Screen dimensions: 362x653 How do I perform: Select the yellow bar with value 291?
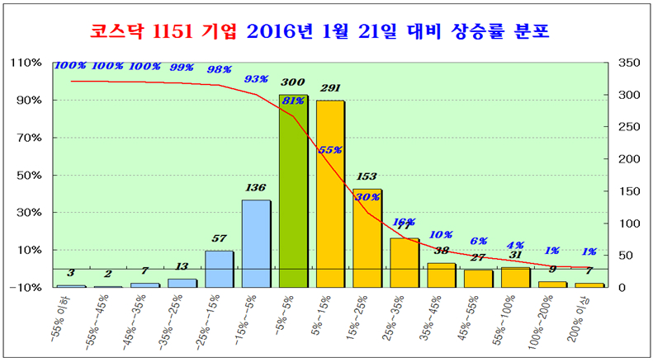tap(330, 194)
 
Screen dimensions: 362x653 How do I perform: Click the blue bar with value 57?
tap(219, 269)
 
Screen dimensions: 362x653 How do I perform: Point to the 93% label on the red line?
tap(257, 79)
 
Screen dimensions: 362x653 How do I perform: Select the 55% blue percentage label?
tap(330, 150)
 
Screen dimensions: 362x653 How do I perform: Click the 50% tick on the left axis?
tap(30, 176)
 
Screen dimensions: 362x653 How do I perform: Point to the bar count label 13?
tap(182, 266)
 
